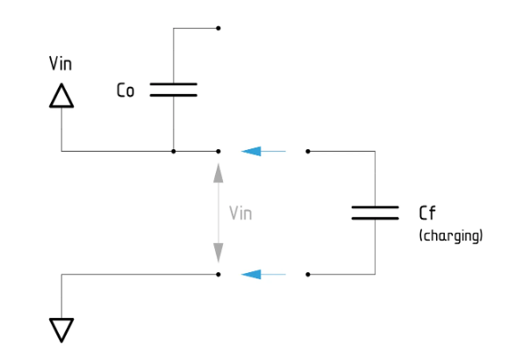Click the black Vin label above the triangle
pos(61,64)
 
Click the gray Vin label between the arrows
pos(240,212)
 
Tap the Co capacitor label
pos(125,90)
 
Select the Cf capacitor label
pos(427,212)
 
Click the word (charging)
pos(451,235)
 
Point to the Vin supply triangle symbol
pos(61,95)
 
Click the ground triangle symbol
pos(61,329)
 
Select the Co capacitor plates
pos(173,89)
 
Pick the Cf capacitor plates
pos(375,212)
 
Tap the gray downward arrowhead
pos(218,256)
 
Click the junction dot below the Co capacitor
pos(173,151)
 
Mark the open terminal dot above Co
pos(218,28)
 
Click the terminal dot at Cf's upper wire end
pos(307,151)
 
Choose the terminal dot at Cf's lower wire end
pos(307,274)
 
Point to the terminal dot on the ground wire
pos(218,274)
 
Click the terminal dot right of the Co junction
pos(218,151)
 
